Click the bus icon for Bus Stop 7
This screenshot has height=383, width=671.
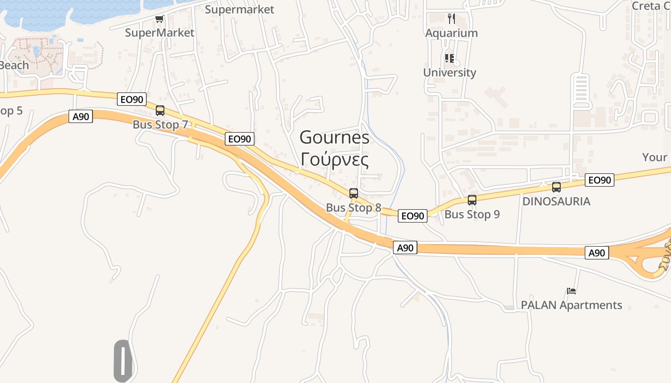point(160,111)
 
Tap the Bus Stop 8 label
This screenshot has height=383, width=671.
point(354,208)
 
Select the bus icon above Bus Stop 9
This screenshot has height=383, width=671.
point(472,200)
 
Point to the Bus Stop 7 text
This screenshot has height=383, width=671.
point(160,124)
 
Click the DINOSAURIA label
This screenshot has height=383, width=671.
point(556,201)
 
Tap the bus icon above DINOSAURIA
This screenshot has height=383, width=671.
point(556,187)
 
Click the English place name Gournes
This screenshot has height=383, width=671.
point(335,138)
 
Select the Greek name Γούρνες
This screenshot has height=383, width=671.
point(335,159)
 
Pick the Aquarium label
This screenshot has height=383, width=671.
point(451,33)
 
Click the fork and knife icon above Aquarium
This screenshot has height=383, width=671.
point(451,19)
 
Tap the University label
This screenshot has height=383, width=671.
point(450,73)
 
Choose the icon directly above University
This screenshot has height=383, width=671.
point(450,58)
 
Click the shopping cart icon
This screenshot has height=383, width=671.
point(160,19)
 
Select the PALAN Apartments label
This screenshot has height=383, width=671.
point(571,305)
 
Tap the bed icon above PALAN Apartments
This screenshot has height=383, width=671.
point(571,291)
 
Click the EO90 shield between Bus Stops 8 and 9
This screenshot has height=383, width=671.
point(412,216)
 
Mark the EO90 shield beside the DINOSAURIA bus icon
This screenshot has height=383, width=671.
point(599,180)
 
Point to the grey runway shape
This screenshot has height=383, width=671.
point(123,361)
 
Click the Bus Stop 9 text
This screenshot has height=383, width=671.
point(472,214)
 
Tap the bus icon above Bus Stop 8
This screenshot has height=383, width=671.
point(354,193)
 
